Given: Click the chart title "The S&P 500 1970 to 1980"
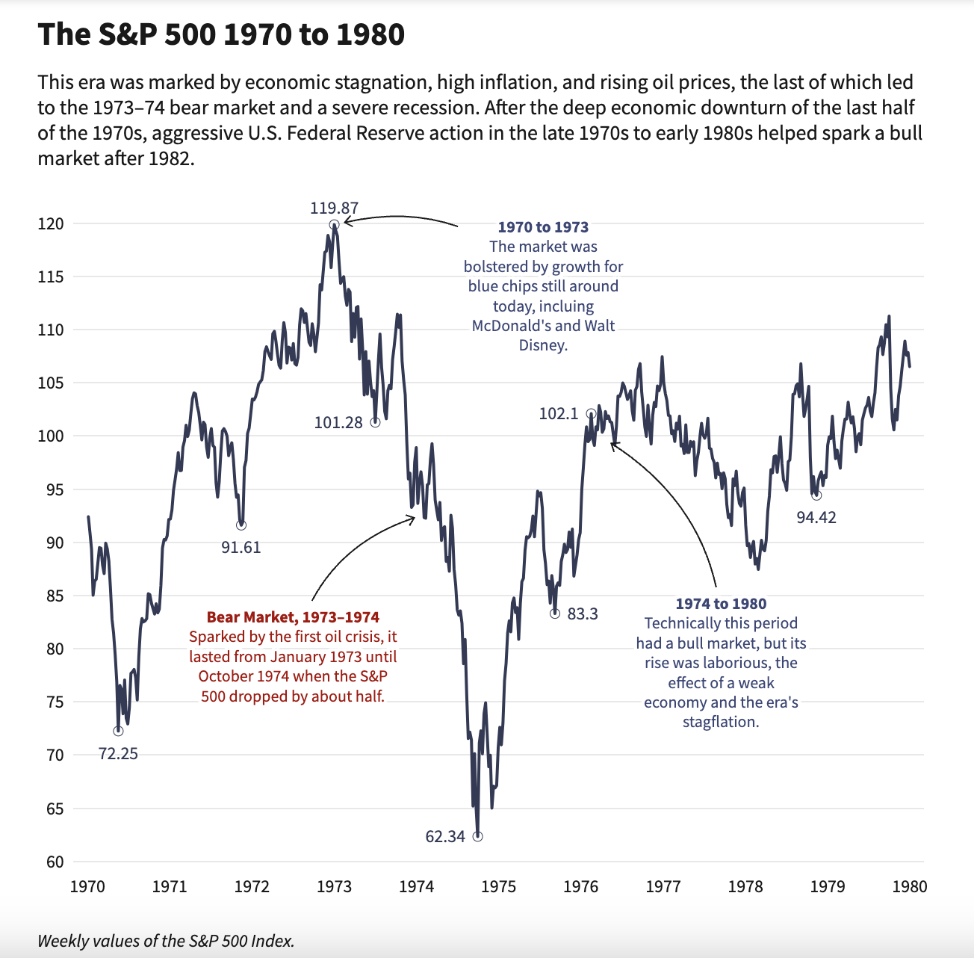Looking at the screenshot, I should coord(221,34).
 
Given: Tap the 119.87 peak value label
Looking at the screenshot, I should coord(334,208).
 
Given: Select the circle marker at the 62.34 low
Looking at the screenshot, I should coord(478,836).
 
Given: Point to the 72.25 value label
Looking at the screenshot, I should coord(118,753).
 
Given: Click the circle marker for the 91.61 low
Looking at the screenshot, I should coord(241,525).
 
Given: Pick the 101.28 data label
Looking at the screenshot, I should coord(338,423).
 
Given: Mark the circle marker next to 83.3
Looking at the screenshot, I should coord(554,614).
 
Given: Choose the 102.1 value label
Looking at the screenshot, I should coord(559,414).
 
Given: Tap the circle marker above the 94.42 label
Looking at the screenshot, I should coord(816,495).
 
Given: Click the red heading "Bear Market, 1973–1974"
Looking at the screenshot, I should coord(293,617).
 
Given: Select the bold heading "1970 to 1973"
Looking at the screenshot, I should coord(543,227).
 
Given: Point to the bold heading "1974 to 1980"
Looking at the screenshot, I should coord(721,604).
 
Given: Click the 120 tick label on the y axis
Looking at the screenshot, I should coord(52,224).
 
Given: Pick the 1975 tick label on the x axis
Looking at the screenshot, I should coord(498,887).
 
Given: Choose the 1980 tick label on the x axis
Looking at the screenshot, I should coord(909,887).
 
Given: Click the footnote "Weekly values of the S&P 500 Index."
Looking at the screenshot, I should coord(166,941).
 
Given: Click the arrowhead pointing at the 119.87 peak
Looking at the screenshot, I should coord(345,221).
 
